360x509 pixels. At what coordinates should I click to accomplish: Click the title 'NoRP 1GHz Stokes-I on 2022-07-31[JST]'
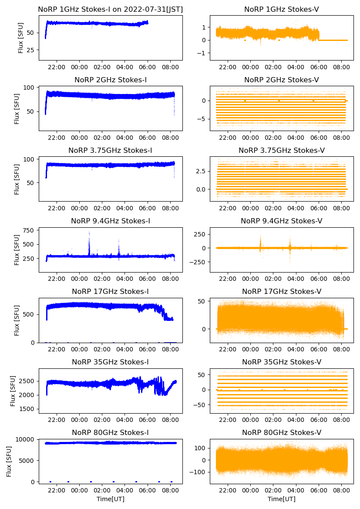click(111, 9)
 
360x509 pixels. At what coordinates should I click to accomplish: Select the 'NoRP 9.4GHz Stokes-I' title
click(111, 221)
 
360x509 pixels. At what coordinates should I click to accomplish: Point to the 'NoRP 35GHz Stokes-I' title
click(111, 362)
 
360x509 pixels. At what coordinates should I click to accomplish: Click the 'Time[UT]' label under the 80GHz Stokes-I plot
click(111, 499)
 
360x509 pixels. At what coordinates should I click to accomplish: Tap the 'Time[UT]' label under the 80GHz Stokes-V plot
click(281, 499)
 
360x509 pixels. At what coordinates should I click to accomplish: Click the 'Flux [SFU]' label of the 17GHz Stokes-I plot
click(17, 320)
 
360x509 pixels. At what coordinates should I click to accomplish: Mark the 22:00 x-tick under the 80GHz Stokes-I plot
click(57, 490)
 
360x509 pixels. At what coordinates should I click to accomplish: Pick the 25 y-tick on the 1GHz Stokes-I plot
click(30, 50)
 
